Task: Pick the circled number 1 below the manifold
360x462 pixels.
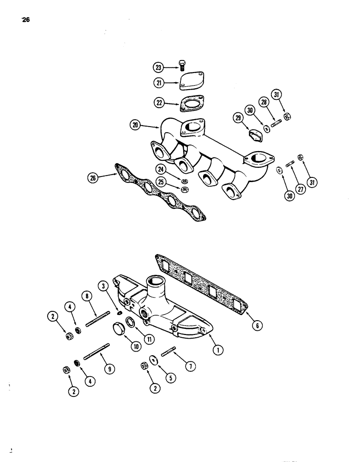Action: pyautogui.click(x=219, y=351)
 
